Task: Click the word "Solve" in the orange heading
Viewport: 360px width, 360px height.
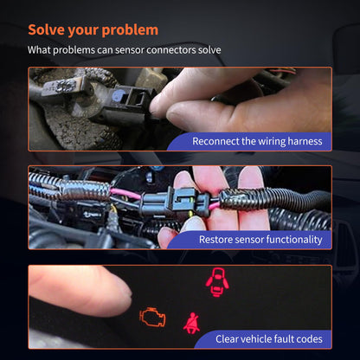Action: pos(46,29)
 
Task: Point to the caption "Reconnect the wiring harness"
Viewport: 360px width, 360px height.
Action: pos(257,141)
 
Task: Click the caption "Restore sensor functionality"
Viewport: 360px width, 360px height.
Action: pos(260,240)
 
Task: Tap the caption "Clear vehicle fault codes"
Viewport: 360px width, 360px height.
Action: pos(269,338)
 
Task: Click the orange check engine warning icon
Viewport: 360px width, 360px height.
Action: pos(152,317)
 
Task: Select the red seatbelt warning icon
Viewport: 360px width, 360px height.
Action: pos(191,323)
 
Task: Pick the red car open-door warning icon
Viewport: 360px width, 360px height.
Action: pos(217,282)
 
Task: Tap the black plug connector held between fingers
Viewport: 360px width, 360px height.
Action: pos(175,202)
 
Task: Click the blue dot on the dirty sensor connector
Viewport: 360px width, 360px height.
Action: pos(119,93)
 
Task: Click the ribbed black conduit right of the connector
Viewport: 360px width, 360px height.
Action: pos(274,200)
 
